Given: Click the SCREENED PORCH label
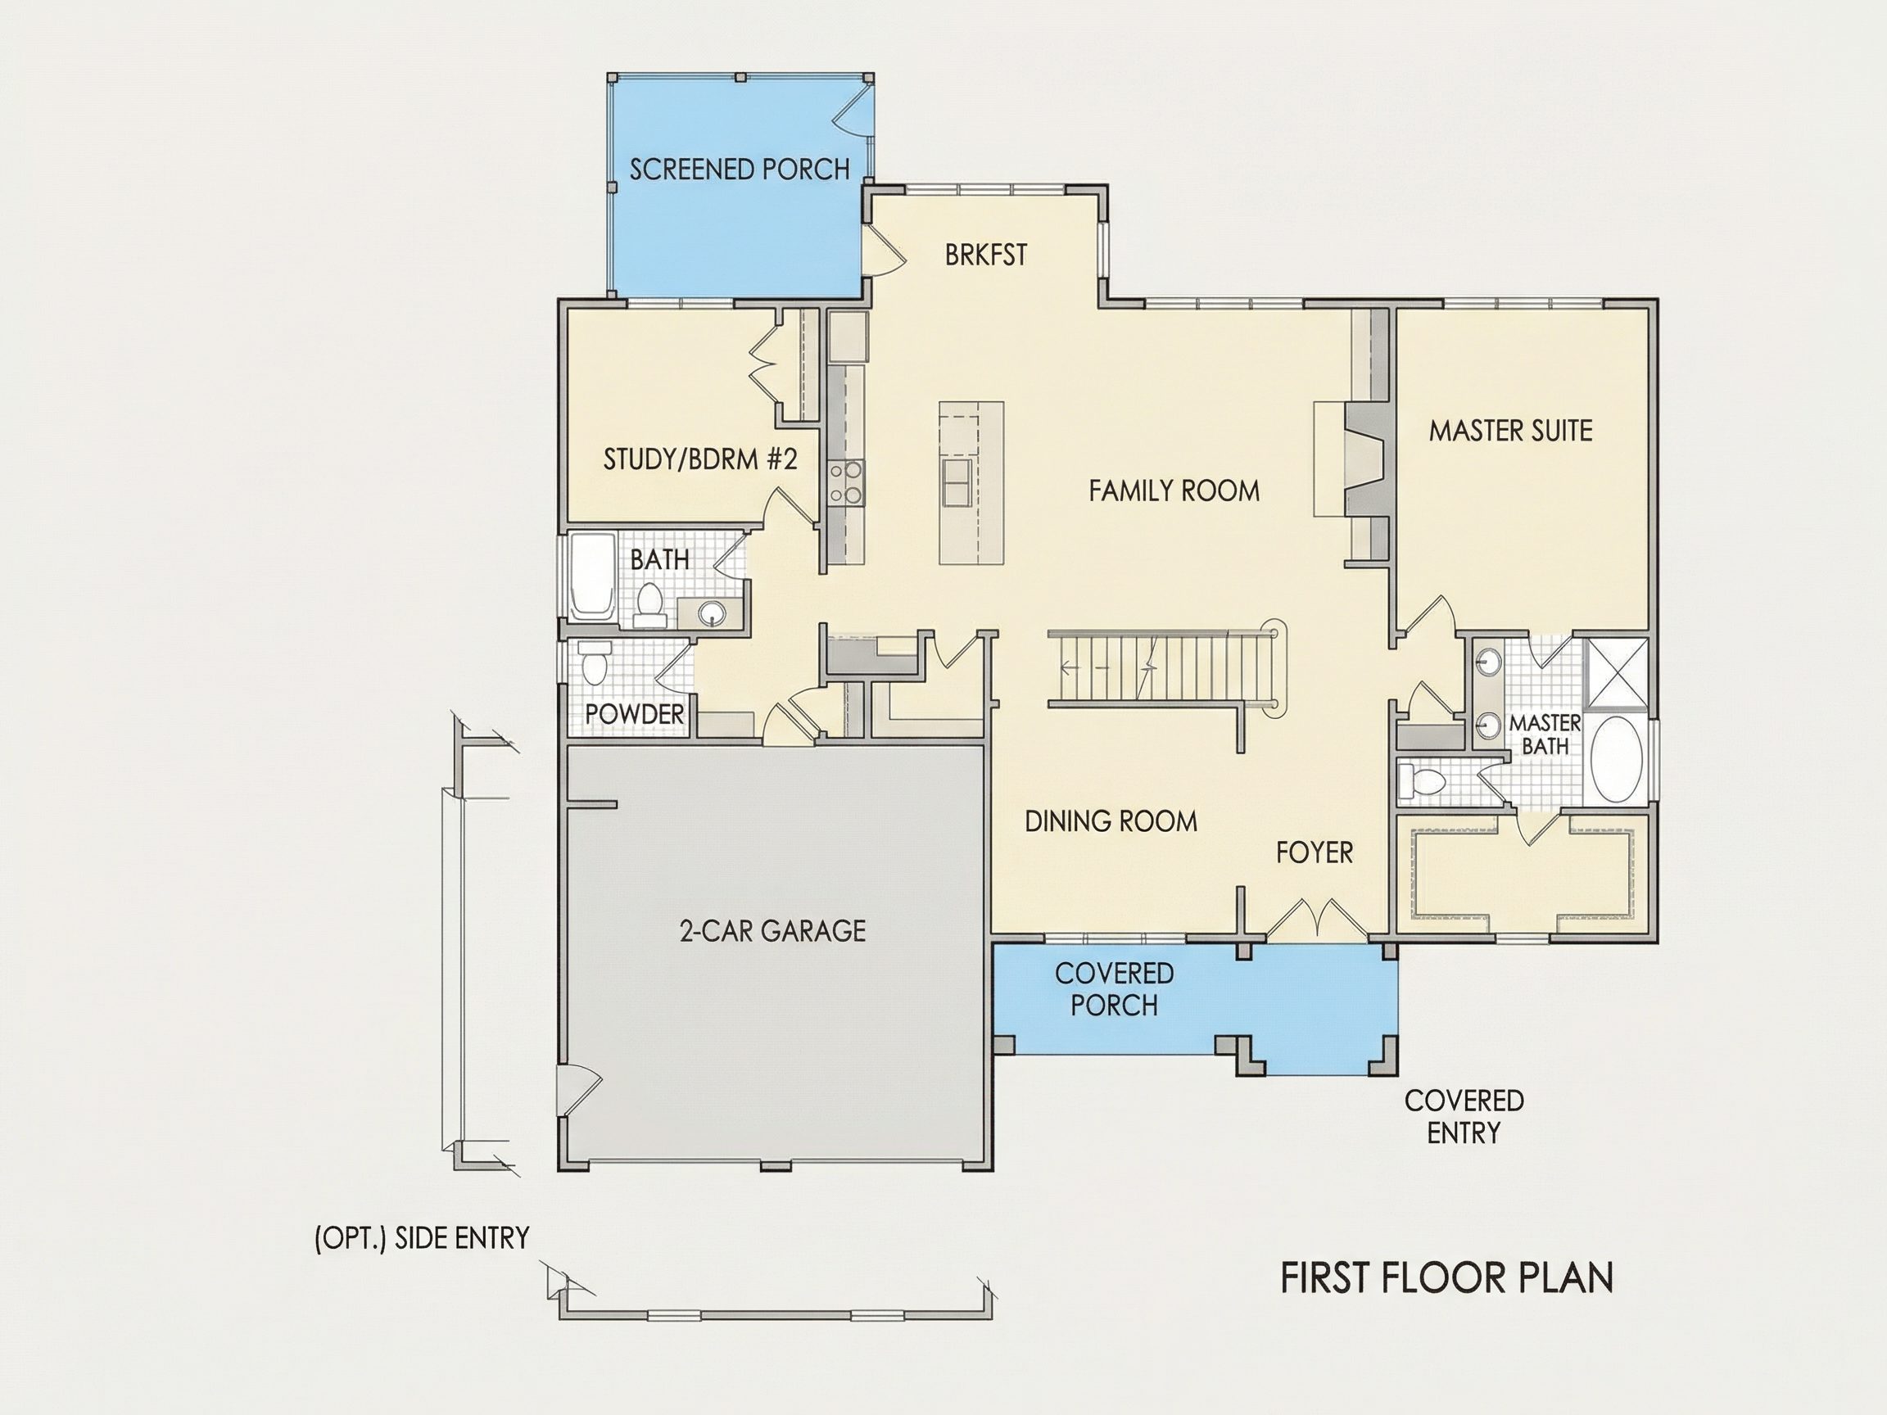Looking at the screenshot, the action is [x=740, y=170].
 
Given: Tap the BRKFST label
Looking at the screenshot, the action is [x=986, y=255].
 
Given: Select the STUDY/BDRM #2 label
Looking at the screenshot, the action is [x=699, y=459].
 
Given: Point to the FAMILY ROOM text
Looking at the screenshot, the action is [x=1174, y=491].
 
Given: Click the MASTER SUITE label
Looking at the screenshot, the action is [x=1511, y=431].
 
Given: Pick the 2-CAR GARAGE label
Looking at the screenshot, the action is [x=772, y=930].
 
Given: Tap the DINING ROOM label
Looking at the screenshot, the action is [x=1111, y=821].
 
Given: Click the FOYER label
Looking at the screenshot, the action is [x=1315, y=852].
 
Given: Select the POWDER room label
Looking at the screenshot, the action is [x=635, y=714].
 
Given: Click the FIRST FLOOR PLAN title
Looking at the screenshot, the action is [x=1447, y=1277].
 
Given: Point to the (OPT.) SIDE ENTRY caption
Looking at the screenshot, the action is [x=422, y=1237].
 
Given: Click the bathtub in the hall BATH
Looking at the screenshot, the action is [x=591, y=576].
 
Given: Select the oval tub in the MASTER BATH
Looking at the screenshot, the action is [x=1617, y=759].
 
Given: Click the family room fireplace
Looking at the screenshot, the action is [x=1351, y=459].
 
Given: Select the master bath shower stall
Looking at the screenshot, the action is [x=1616, y=673].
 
